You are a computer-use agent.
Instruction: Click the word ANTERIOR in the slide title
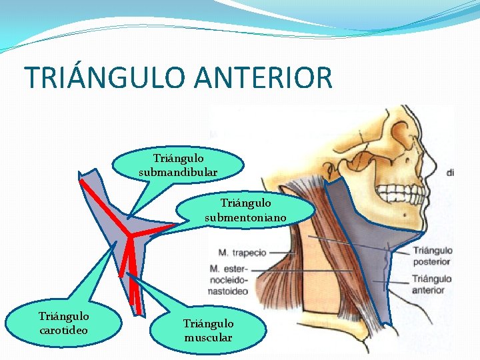click(264, 77)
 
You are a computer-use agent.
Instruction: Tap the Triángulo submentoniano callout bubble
click(246, 209)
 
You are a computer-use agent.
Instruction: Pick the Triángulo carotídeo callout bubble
click(64, 323)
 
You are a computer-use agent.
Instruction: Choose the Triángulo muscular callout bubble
click(209, 330)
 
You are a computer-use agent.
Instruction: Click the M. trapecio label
click(242, 253)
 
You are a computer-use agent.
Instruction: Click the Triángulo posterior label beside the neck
click(432, 256)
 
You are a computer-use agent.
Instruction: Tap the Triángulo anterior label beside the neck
click(432, 284)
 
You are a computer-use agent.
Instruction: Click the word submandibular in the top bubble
click(178, 172)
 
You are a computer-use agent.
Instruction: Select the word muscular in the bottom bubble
click(209, 337)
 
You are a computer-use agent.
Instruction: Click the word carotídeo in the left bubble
click(64, 330)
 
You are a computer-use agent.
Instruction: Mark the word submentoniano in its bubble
click(246, 217)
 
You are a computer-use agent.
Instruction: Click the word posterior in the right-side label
click(432, 261)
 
